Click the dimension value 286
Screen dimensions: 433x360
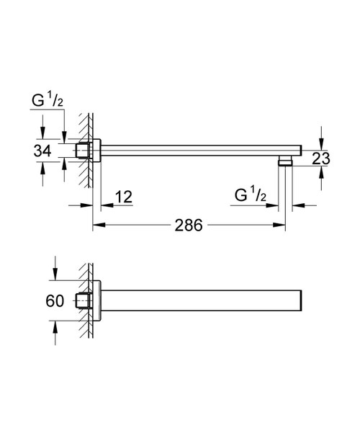189,225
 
